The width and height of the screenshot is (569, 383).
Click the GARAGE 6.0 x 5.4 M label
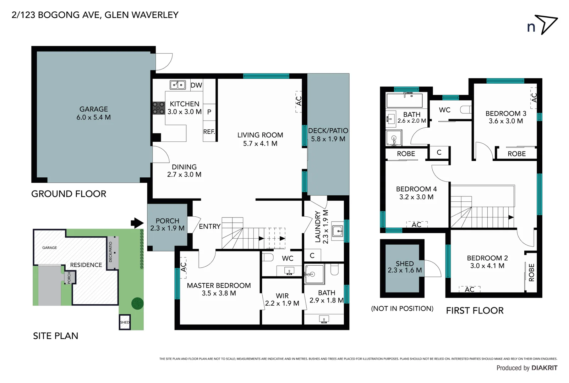click(x=93, y=113)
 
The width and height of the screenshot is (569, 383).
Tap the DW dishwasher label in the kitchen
click(x=196, y=85)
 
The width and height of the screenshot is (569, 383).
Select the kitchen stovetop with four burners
click(x=159, y=108)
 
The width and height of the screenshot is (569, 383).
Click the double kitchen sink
click(x=178, y=85)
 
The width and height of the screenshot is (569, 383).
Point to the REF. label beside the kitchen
click(x=209, y=132)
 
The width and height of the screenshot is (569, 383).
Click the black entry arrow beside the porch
click(x=137, y=223)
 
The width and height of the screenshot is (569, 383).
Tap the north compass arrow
click(x=546, y=24)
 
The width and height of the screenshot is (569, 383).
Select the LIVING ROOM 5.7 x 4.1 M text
click(x=260, y=139)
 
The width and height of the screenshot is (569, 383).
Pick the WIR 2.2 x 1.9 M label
click(x=282, y=300)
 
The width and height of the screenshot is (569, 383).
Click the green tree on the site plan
click(x=137, y=304)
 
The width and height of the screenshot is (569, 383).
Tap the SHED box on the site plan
click(x=125, y=322)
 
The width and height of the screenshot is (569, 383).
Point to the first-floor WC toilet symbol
click(x=466, y=110)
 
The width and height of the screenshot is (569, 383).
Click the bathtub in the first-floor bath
click(x=404, y=100)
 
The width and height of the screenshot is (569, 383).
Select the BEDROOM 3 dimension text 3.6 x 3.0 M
click(x=505, y=121)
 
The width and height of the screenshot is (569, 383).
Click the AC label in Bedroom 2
click(x=469, y=289)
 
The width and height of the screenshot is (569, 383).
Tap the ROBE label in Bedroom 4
click(x=406, y=154)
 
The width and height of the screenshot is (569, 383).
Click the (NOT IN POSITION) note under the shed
click(x=402, y=309)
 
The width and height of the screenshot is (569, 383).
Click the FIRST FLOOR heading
click(x=475, y=311)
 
